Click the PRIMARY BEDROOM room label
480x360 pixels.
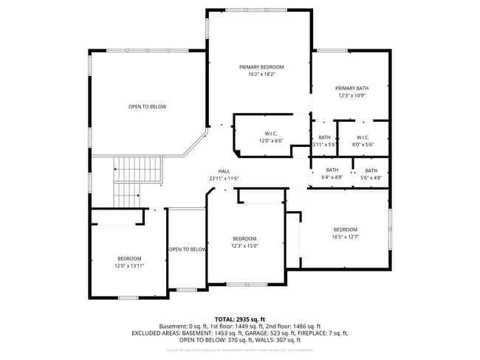coord(261,67)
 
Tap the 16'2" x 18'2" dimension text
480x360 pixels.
coord(261,75)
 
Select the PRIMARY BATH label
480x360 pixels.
coord(352,89)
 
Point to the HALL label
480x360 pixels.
coord(224,171)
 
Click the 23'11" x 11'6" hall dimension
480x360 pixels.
coord(224,179)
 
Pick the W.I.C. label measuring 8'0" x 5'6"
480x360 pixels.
coord(363,137)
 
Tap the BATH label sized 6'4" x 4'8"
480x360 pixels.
coord(332,170)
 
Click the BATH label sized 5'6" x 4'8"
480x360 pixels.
coord(371,170)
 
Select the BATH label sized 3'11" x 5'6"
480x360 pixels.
coord(324,137)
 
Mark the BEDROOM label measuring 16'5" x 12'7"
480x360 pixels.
coord(345,229)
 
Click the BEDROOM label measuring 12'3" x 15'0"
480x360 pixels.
coord(244,238)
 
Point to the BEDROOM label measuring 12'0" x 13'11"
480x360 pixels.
coord(128,258)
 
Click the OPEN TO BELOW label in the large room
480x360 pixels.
coord(148,107)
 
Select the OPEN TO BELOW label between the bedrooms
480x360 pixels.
coord(188,249)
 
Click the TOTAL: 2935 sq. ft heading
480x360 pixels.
coord(240,319)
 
